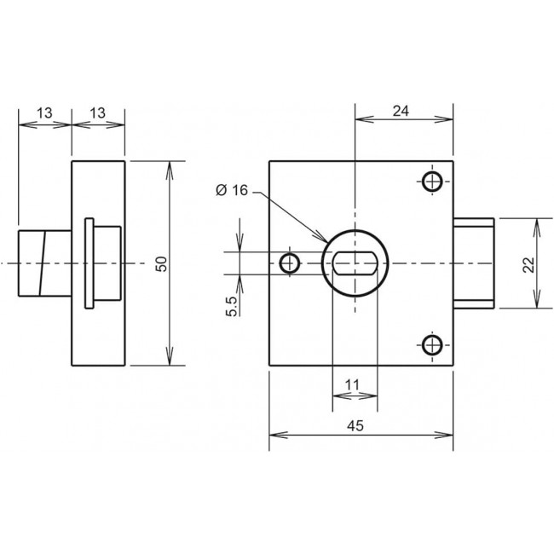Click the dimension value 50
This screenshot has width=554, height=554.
pyautogui.click(x=162, y=264)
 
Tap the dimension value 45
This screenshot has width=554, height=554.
pyautogui.click(x=355, y=426)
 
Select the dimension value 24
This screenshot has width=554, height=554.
pyautogui.click(x=401, y=112)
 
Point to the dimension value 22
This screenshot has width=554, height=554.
pyautogui.click(x=528, y=264)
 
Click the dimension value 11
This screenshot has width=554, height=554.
pyautogui.click(x=351, y=384)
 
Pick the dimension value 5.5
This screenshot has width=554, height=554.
pyautogui.click(x=232, y=306)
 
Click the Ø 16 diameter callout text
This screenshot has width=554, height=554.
pyautogui.click(x=232, y=190)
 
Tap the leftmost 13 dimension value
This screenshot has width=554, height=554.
pyautogui.click(x=44, y=113)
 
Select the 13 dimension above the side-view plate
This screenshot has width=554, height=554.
pyautogui.click(x=97, y=113)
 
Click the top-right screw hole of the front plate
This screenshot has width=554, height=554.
pyautogui.click(x=432, y=182)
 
